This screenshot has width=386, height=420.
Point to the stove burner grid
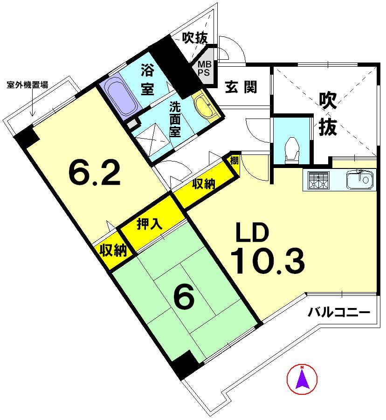pyautogui.click(x=318, y=179)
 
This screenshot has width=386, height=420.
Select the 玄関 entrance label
pyautogui.click(x=241, y=87)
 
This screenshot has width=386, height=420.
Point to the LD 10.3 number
pyautogui.click(x=268, y=261)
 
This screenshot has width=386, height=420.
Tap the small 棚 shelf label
pyautogui.click(x=234, y=161)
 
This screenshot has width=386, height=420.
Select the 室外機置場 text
pyautogui.click(x=28, y=85)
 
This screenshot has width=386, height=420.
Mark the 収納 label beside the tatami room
pyautogui.click(x=113, y=251)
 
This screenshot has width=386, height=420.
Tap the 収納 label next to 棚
pyautogui.click(x=204, y=184)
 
